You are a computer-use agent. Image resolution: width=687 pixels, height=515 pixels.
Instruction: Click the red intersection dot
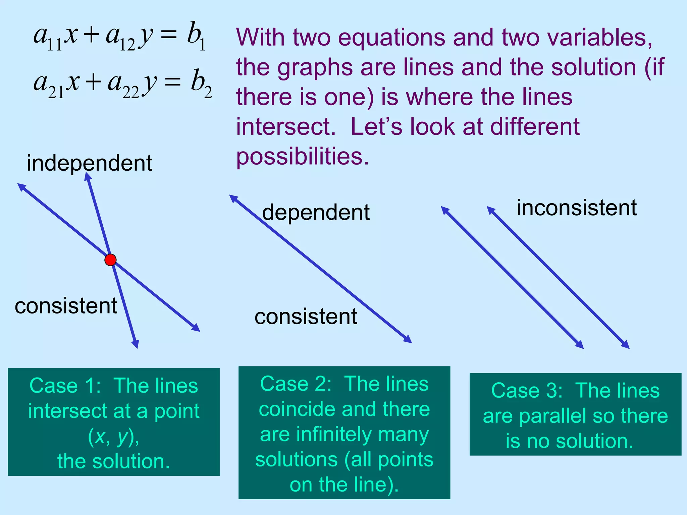click(110, 260)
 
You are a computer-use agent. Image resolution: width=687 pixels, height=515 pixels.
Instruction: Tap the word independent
click(90, 163)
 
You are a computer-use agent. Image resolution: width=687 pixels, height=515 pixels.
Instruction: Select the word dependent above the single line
click(316, 212)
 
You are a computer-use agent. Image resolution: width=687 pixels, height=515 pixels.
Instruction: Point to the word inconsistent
click(576, 208)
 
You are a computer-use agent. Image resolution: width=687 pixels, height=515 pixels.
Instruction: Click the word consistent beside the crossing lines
click(66, 306)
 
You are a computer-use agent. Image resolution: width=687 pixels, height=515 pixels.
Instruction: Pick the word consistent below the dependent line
click(306, 317)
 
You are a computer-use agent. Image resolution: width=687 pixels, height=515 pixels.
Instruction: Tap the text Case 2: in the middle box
click(296, 384)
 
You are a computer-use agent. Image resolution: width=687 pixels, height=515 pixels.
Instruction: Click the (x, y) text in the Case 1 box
click(113, 437)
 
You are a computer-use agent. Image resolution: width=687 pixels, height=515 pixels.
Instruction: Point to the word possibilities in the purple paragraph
click(302, 156)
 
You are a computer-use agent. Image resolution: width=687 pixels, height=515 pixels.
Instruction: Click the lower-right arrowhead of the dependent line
click(408, 340)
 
